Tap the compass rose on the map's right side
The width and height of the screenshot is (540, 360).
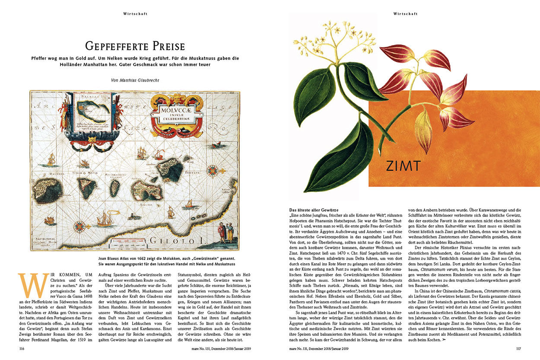(x=212, y=171)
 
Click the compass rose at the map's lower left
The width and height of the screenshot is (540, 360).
(x=79, y=226)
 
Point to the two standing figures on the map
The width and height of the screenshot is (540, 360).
(x=226, y=233)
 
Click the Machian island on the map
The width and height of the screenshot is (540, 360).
(x=48, y=190)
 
